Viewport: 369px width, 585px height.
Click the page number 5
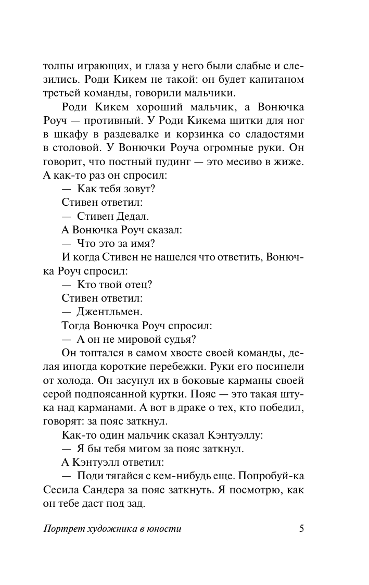tap(301, 528)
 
